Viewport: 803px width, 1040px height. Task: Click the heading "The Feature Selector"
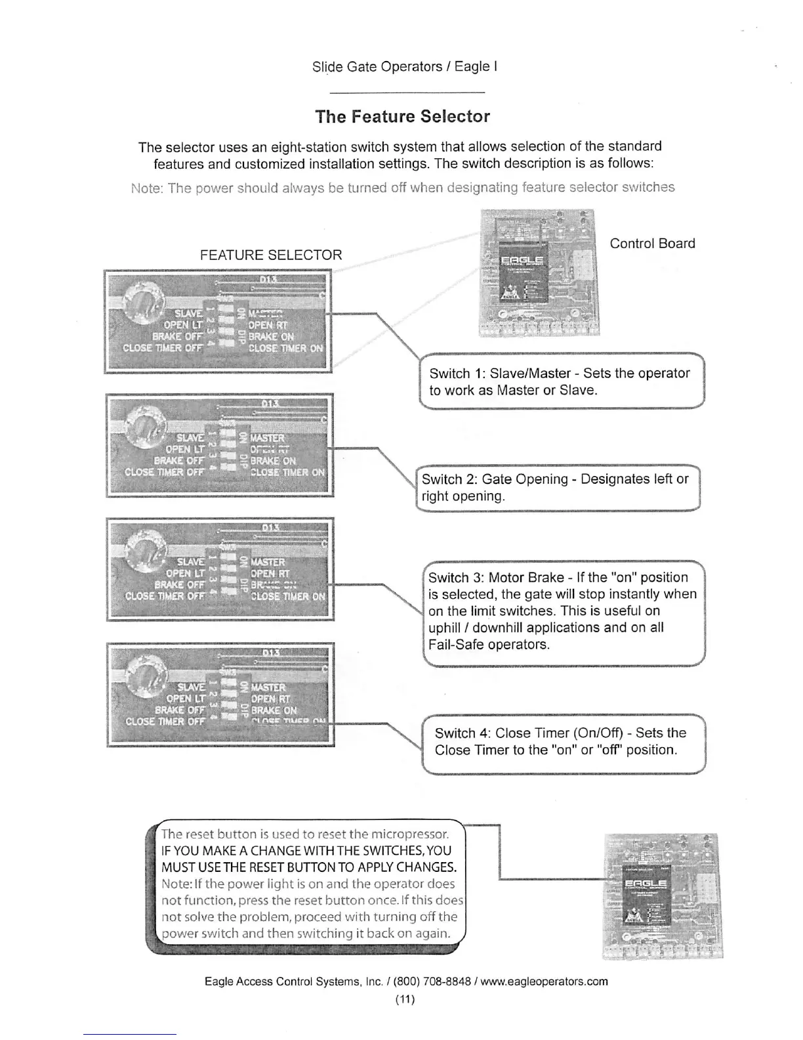coord(402,117)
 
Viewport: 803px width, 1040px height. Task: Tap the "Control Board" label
coord(652,244)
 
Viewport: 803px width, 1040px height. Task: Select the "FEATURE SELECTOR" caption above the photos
coord(271,255)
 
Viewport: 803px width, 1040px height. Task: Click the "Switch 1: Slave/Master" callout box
coord(561,381)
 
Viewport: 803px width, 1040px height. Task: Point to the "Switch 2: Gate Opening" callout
coord(558,488)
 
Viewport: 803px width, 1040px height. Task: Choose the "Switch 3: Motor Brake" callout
coord(563,611)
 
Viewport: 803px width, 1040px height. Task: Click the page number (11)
coord(405,1000)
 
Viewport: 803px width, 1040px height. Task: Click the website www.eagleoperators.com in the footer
coord(544,982)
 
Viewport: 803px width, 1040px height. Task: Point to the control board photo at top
coord(539,272)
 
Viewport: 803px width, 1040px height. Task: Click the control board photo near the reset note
coord(661,896)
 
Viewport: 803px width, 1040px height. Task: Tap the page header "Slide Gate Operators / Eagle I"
coord(404,67)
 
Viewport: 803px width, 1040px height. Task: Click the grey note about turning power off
coord(403,188)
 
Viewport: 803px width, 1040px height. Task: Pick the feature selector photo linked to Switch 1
coord(218,322)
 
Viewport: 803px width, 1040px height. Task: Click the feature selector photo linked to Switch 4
coord(220,695)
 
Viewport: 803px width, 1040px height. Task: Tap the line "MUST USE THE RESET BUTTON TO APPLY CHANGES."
coord(309,867)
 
